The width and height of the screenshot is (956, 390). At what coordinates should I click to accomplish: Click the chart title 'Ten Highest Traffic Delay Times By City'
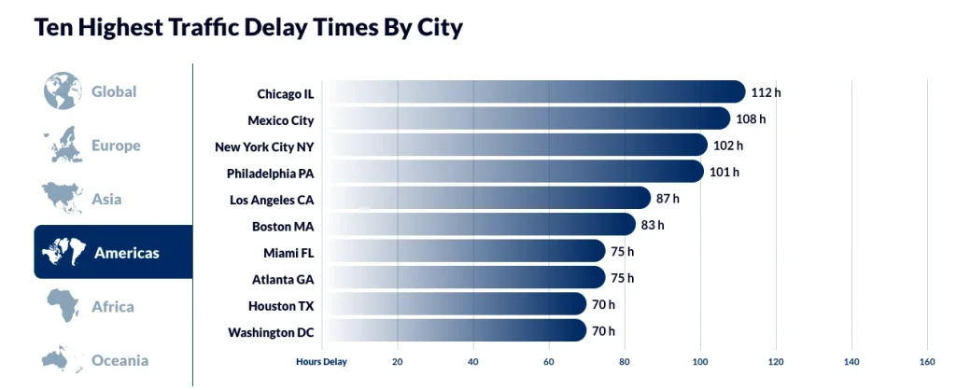[247, 27]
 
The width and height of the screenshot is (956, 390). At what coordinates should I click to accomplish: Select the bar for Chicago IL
[532, 92]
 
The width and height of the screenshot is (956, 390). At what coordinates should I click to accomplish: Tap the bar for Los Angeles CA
[485, 199]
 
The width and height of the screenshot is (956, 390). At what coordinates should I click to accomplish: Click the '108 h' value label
[750, 119]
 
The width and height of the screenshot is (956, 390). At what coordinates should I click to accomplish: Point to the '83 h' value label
[652, 225]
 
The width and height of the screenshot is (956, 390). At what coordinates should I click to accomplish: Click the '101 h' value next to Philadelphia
[724, 173]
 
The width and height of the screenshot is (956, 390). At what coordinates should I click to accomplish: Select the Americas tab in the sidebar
[113, 252]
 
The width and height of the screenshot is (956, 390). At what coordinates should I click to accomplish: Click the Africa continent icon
[63, 305]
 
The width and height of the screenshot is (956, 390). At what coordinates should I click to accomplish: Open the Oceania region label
[119, 360]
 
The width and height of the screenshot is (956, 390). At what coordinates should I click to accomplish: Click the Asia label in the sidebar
[106, 199]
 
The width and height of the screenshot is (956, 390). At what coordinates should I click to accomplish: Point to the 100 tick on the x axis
[700, 361]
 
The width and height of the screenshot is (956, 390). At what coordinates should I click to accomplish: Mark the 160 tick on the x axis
[926, 361]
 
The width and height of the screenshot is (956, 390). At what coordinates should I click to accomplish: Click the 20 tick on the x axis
[398, 361]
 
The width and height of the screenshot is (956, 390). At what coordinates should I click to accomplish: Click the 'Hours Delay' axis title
[321, 361]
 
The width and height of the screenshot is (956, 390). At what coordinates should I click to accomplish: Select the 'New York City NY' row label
[264, 146]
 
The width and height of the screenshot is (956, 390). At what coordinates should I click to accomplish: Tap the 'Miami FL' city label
[288, 252]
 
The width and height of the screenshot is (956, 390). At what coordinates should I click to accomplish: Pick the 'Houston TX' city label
[281, 305]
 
